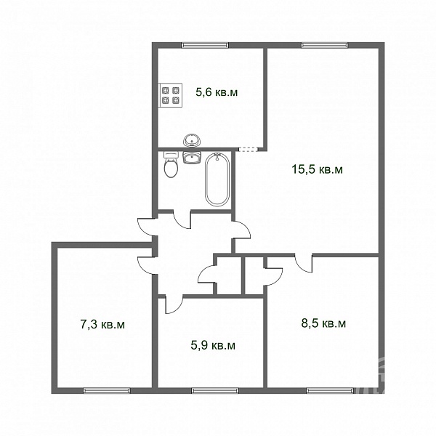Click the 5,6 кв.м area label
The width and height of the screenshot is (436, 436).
point(217,92)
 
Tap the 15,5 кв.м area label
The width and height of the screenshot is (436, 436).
point(317,169)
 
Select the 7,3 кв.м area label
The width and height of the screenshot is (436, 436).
point(102,324)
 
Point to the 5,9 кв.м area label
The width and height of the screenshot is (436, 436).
point(213,345)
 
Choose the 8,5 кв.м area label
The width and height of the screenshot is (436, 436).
point(323,323)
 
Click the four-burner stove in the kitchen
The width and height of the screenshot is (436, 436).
point(170,95)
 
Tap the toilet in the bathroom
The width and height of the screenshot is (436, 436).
point(171,165)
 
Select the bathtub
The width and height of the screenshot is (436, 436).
point(217,179)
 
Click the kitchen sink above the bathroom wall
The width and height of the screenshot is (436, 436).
point(192,140)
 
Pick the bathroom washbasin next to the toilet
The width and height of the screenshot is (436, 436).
point(192,158)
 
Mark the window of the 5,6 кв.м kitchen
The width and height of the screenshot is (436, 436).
point(205,45)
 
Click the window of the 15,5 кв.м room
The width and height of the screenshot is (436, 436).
point(325,45)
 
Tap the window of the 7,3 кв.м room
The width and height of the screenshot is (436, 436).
point(107,391)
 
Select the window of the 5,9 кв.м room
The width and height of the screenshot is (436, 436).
point(215,391)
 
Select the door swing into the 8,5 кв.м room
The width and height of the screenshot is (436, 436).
point(304,264)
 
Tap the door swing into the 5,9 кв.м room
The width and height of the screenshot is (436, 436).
point(174,305)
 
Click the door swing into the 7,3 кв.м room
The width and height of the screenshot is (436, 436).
point(145,265)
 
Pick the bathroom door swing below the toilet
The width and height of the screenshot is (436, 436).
point(181,220)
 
